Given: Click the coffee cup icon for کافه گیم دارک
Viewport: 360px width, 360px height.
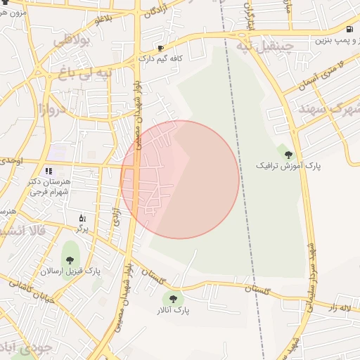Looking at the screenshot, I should (x=161, y=49).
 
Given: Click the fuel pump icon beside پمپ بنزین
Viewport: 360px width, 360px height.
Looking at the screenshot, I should (x=349, y=30).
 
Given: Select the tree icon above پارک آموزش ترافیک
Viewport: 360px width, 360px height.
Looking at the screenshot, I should (x=288, y=154).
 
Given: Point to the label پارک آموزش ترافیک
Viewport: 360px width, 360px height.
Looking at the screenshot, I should (x=288, y=167).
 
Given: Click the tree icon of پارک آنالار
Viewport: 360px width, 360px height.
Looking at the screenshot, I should (x=173, y=299).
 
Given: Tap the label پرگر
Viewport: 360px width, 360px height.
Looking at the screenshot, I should (x=83, y=229).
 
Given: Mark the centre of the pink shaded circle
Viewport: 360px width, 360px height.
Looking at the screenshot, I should (x=180, y=179).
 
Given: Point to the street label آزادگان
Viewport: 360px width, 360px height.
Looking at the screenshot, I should (x=154, y=12).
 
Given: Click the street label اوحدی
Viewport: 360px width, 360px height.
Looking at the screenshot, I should (x=11, y=161).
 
